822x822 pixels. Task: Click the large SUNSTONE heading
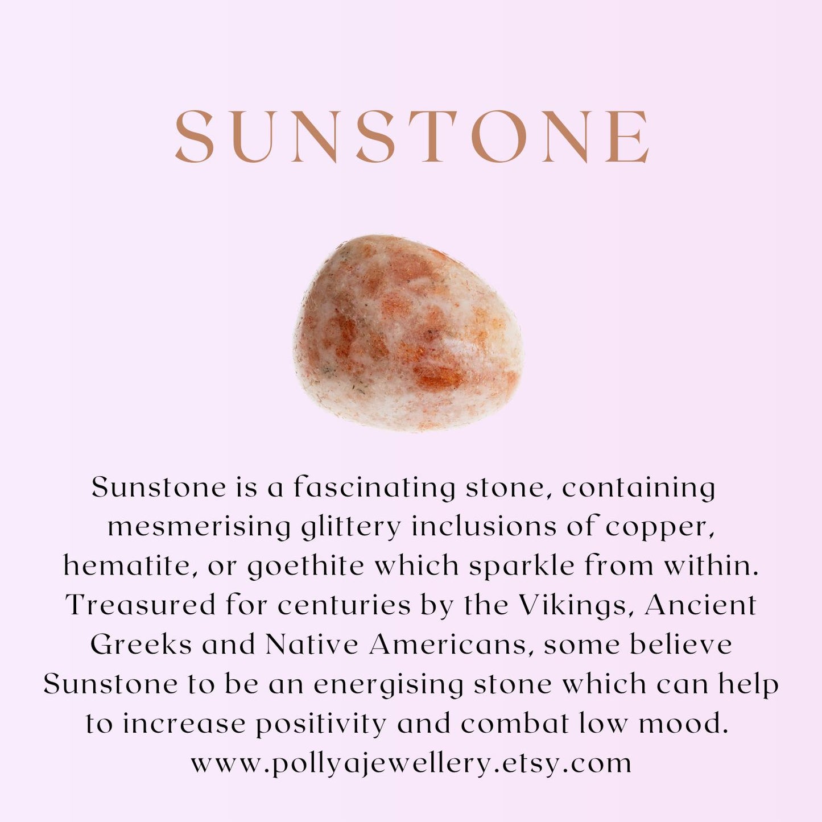pos(412,135)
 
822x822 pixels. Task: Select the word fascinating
pos(370,488)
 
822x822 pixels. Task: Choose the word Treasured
pos(141,605)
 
